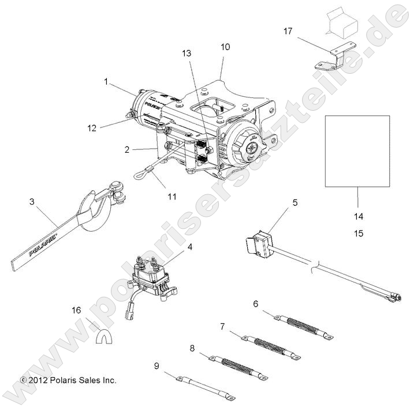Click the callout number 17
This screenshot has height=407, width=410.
288,31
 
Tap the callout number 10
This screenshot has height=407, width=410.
225,47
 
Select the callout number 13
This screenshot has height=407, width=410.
186,53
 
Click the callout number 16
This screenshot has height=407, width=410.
76,310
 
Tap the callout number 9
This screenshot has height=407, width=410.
156,365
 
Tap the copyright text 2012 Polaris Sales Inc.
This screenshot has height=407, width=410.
68,380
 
